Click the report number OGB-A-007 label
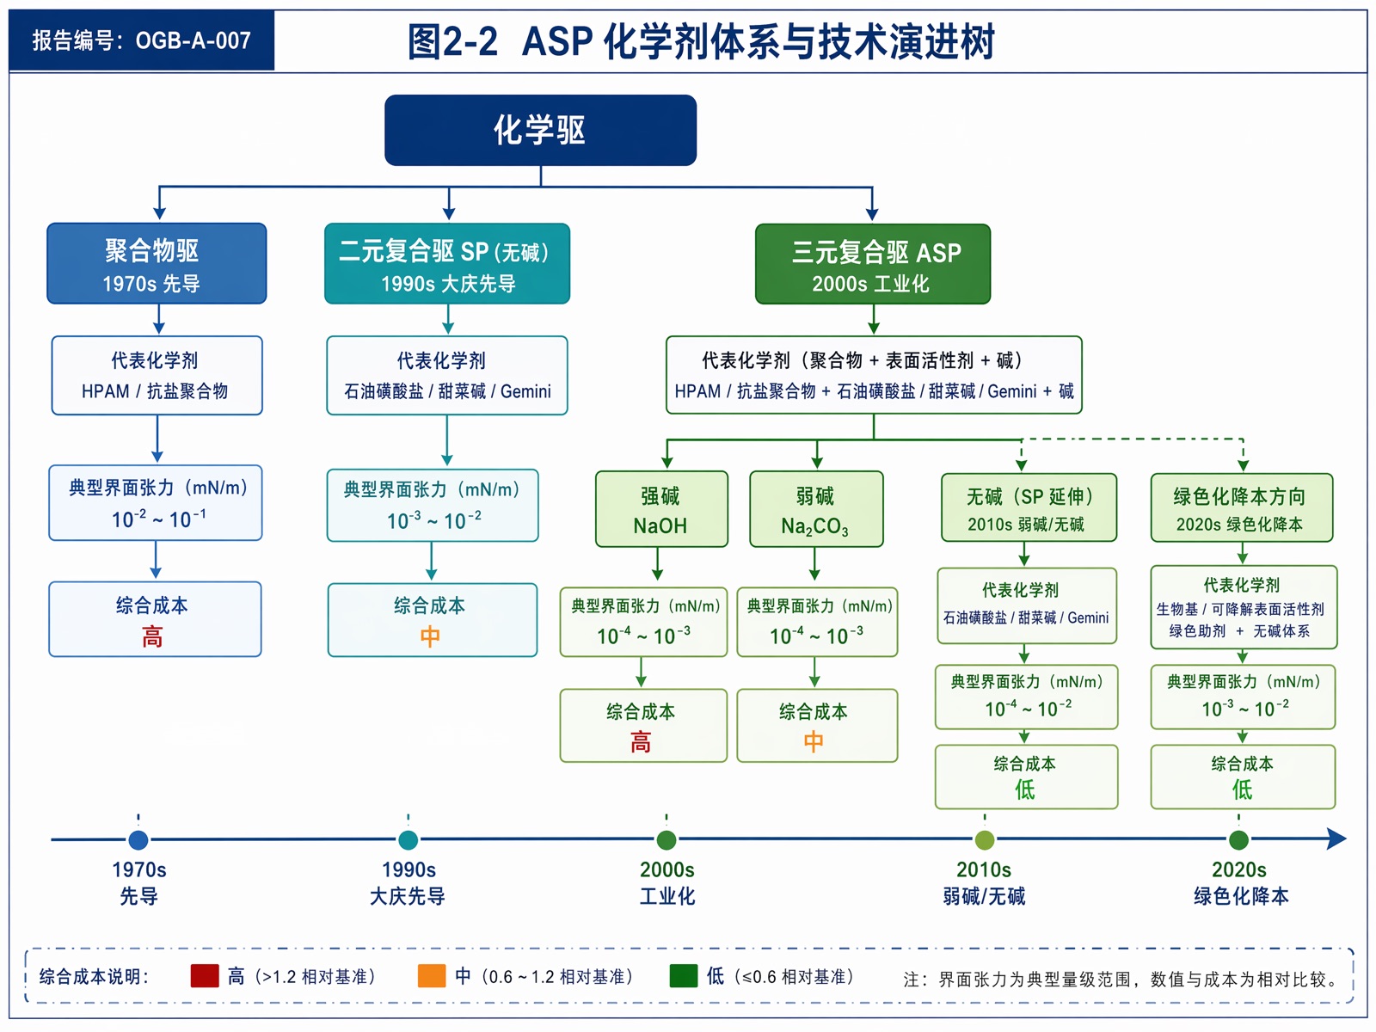click(141, 40)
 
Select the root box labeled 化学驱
click(540, 131)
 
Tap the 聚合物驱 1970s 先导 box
click(157, 264)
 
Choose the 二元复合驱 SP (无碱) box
click(447, 264)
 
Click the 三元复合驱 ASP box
click(873, 264)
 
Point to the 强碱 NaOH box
click(661, 509)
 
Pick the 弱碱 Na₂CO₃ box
click(816, 509)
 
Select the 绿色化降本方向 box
click(1241, 507)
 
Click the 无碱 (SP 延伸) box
click(1029, 507)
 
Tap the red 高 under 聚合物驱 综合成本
click(152, 637)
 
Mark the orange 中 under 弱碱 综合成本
click(814, 742)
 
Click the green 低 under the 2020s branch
click(1242, 789)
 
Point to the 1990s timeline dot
click(408, 840)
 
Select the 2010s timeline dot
click(984, 840)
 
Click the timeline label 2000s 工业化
click(667, 883)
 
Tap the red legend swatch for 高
click(205, 975)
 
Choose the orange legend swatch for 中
click(432, 975)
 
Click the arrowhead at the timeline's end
click(1336, 839)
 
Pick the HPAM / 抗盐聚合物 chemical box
click(157, 375)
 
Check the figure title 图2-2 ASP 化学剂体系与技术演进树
click(701, 41)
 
